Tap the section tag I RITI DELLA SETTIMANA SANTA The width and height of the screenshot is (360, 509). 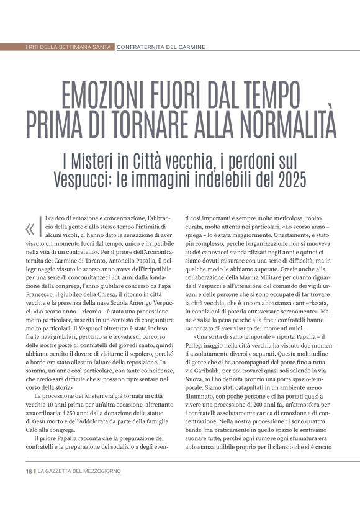(70, 47)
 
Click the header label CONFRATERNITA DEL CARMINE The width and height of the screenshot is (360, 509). (161, 47)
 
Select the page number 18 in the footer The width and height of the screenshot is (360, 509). (29, 471)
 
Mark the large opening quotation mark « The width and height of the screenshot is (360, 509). (30, 229)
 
